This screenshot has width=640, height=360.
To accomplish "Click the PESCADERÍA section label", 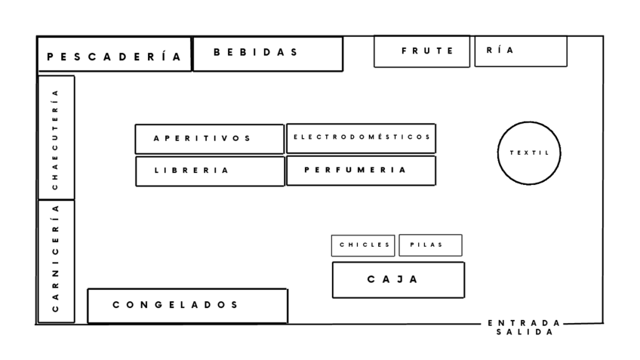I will tap(114, 56).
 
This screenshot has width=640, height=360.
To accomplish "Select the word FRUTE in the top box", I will tap(427, 51).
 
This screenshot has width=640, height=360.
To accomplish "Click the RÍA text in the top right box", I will tap(500, 51).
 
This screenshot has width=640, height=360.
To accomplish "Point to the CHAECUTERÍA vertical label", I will tap(55, 138).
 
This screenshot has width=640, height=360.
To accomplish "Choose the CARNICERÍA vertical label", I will tap(55, 258).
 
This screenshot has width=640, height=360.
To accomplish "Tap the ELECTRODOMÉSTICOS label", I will tap(362, 137).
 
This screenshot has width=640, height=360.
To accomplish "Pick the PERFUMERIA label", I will tap(355, 170).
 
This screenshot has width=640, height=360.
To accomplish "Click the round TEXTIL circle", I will tap(529, 152).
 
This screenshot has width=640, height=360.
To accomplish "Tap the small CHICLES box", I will tap(363, 245).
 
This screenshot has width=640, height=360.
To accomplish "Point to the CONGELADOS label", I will tap(175, 305).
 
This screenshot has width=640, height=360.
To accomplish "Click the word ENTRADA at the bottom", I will tap(524, 323).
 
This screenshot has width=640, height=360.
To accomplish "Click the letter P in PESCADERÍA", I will tap(50, 57).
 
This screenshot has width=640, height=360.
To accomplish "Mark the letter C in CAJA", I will tap(371, 279).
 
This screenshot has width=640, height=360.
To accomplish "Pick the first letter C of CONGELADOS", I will tap(117, 305).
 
